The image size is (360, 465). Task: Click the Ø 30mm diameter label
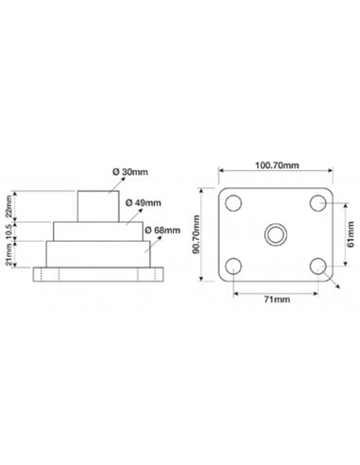coord(130,172)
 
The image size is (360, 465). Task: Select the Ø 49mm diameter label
coord(143,202)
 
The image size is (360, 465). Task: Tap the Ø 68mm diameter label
coord(163,231)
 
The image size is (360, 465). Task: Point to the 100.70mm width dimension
coord(277,165)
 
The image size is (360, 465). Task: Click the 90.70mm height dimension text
coord(197,234)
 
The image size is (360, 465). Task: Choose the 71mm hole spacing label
coord(277,299)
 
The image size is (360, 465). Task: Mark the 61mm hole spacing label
coord(351,234)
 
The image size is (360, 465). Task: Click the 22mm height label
coord(9,206)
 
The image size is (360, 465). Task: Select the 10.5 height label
coord(9,231)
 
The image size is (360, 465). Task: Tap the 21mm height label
coord(9,254)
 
